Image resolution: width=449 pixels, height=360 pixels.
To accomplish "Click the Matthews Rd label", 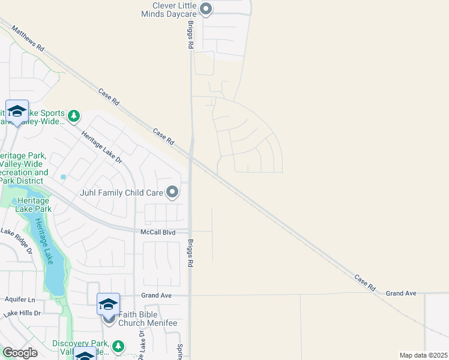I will tap(28, 37).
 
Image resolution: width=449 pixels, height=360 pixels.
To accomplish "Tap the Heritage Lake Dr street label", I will tap(102, 148).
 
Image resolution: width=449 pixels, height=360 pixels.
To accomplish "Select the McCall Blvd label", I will tap(157, 232).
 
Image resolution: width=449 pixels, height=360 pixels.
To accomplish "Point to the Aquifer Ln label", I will tap(19, 299).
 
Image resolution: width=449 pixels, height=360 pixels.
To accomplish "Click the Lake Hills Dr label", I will tap(21, 313).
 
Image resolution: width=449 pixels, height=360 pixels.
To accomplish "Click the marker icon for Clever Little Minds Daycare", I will tap(206, 8).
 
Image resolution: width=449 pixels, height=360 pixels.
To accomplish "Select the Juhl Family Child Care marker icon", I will tap(172, 193).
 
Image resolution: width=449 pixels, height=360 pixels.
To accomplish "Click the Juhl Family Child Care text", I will tap(122, 193).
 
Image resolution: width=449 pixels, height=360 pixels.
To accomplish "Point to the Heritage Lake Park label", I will tap(34, 205).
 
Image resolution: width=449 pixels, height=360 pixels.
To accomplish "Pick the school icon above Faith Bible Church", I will tap(109, 304).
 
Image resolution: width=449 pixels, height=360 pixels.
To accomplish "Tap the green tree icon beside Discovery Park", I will tap(119, 346).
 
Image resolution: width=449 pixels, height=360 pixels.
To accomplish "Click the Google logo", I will tap(20, 353).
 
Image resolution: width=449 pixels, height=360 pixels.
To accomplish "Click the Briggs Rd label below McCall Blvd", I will tap(189, 255).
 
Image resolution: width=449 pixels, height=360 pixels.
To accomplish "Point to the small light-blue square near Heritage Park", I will tap(63, 177).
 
